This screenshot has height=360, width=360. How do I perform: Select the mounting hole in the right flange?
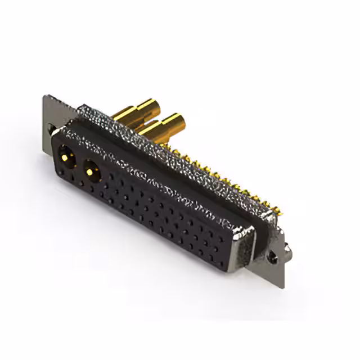click(x=274, y=255)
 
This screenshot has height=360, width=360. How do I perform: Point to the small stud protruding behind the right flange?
click(x=289, y=247)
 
